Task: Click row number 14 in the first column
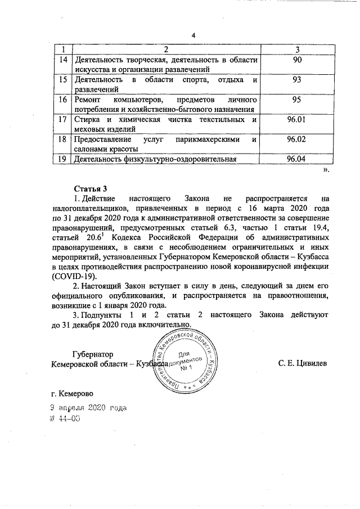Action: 64,60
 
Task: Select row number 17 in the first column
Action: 64,120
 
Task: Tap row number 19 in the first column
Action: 64,159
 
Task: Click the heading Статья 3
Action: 90,187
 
